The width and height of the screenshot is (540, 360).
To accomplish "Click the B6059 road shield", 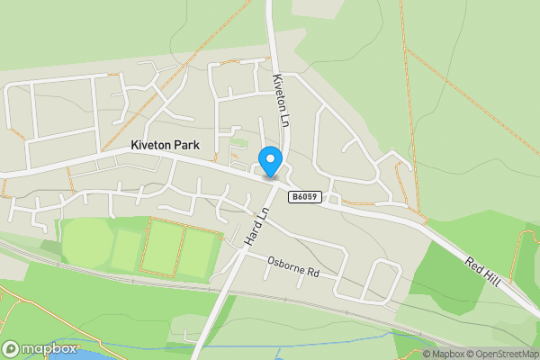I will [304, 196].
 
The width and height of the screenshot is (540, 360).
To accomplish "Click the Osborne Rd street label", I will [293, 265].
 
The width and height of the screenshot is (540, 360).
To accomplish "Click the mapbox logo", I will [40, 348].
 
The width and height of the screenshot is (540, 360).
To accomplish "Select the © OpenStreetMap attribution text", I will [501, 354].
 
